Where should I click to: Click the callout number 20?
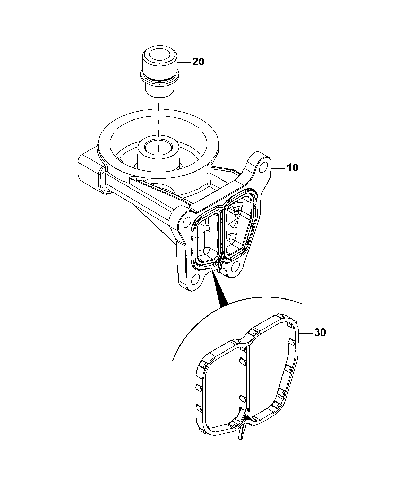[198, 62]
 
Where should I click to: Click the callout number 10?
[292, 168]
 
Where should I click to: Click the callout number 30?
[320, 332]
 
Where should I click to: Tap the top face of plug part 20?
[158, 56]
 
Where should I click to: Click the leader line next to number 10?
[278, 168]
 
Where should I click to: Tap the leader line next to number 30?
[306, 333]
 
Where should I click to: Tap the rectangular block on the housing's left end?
[90, 175]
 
